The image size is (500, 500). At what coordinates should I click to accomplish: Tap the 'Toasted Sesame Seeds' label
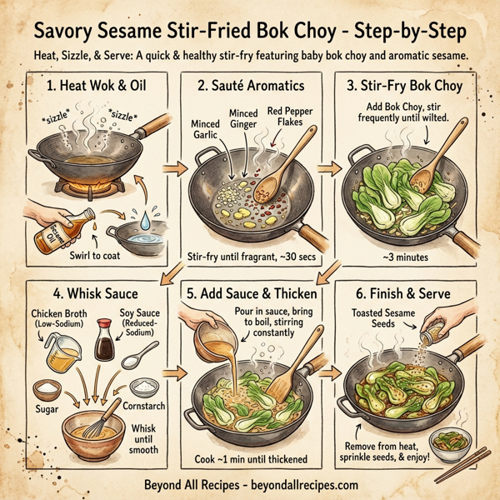(382, 318)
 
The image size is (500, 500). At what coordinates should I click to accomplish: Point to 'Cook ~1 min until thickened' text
(247, 459)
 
